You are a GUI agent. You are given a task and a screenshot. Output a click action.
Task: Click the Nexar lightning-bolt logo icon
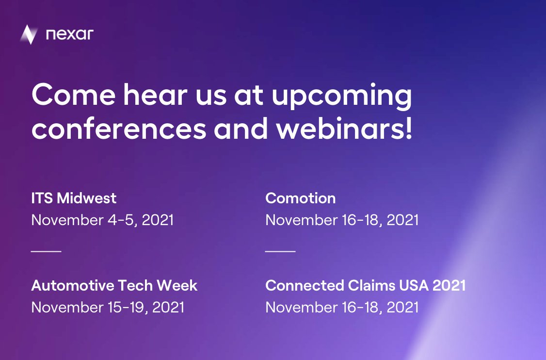point(29,34)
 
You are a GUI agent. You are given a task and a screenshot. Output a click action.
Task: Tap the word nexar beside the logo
point(69,34)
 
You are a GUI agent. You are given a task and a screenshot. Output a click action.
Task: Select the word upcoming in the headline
point(341,96)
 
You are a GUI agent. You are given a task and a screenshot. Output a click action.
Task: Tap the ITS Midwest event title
point(74,198)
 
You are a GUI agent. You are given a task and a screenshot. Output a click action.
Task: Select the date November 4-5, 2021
point(102,220)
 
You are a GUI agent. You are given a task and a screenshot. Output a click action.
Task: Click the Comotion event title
point(301,198)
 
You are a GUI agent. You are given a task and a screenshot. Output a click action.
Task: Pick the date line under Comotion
point(342,220)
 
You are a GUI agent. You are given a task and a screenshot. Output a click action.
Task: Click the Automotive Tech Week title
point(114,285)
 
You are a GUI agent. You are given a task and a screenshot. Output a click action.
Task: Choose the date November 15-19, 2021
point(108,308)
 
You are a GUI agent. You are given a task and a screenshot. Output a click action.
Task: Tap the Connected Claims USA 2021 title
point(365,285)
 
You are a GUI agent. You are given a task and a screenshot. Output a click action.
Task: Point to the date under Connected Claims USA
point(342,308)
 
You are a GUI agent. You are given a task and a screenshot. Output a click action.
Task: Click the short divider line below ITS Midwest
point(46,251)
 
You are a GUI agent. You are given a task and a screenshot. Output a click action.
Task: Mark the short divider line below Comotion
point(280,251)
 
